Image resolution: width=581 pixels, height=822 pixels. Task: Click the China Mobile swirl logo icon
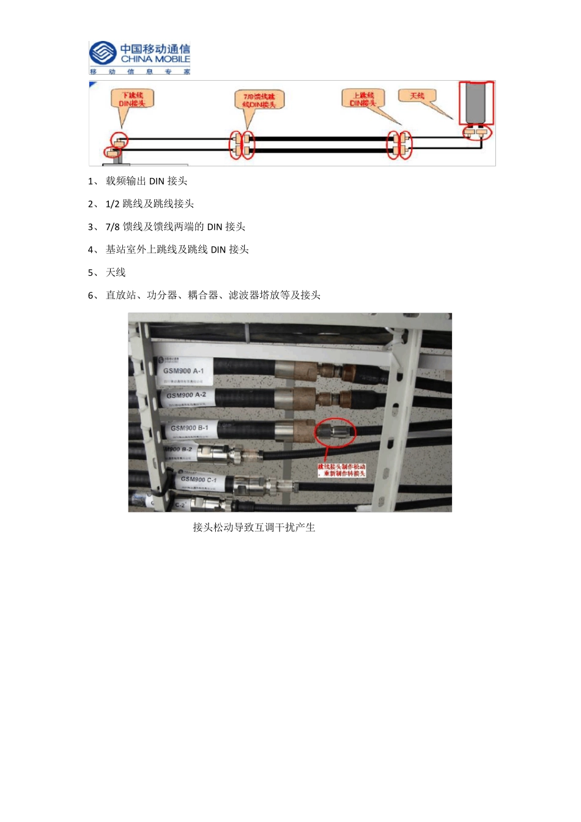click(103, 54)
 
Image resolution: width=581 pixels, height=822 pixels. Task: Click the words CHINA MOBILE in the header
click(155, 59)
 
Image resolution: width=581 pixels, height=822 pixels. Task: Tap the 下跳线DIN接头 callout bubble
click(132, 99)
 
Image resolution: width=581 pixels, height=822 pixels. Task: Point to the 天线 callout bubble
click(417, 96)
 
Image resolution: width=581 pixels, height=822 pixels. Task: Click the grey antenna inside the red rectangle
click(476, 102)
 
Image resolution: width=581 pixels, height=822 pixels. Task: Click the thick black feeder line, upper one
click(318, 139)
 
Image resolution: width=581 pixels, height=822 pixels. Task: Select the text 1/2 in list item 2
click(113, 204)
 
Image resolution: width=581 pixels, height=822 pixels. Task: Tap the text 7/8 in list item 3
click(113, 227)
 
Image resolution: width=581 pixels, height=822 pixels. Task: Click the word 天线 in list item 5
click(116, 273)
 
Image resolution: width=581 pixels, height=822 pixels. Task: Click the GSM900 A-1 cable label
click(183, 371)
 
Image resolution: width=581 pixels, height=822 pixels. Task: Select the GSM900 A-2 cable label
click(186, 395)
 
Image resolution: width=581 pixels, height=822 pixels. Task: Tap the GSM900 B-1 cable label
click(189, 428)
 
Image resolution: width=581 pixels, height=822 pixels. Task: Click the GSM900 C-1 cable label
click(198, 480)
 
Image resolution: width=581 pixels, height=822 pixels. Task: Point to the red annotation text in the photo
click(342, 470)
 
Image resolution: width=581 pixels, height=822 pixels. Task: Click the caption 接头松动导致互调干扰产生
click(254, 527)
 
